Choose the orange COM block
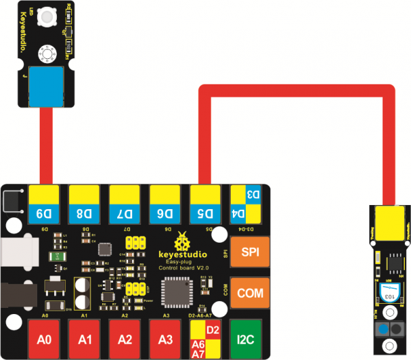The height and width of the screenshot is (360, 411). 247,293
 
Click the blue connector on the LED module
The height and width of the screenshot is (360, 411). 45,87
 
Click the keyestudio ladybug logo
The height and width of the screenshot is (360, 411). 182,241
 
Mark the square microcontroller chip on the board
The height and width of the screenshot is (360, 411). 175,296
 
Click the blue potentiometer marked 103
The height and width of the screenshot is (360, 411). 387,293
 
